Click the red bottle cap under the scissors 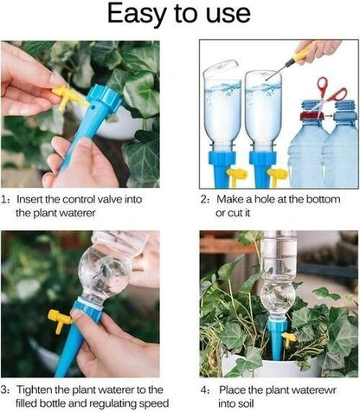pyautogui.click(x=310, y=106)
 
